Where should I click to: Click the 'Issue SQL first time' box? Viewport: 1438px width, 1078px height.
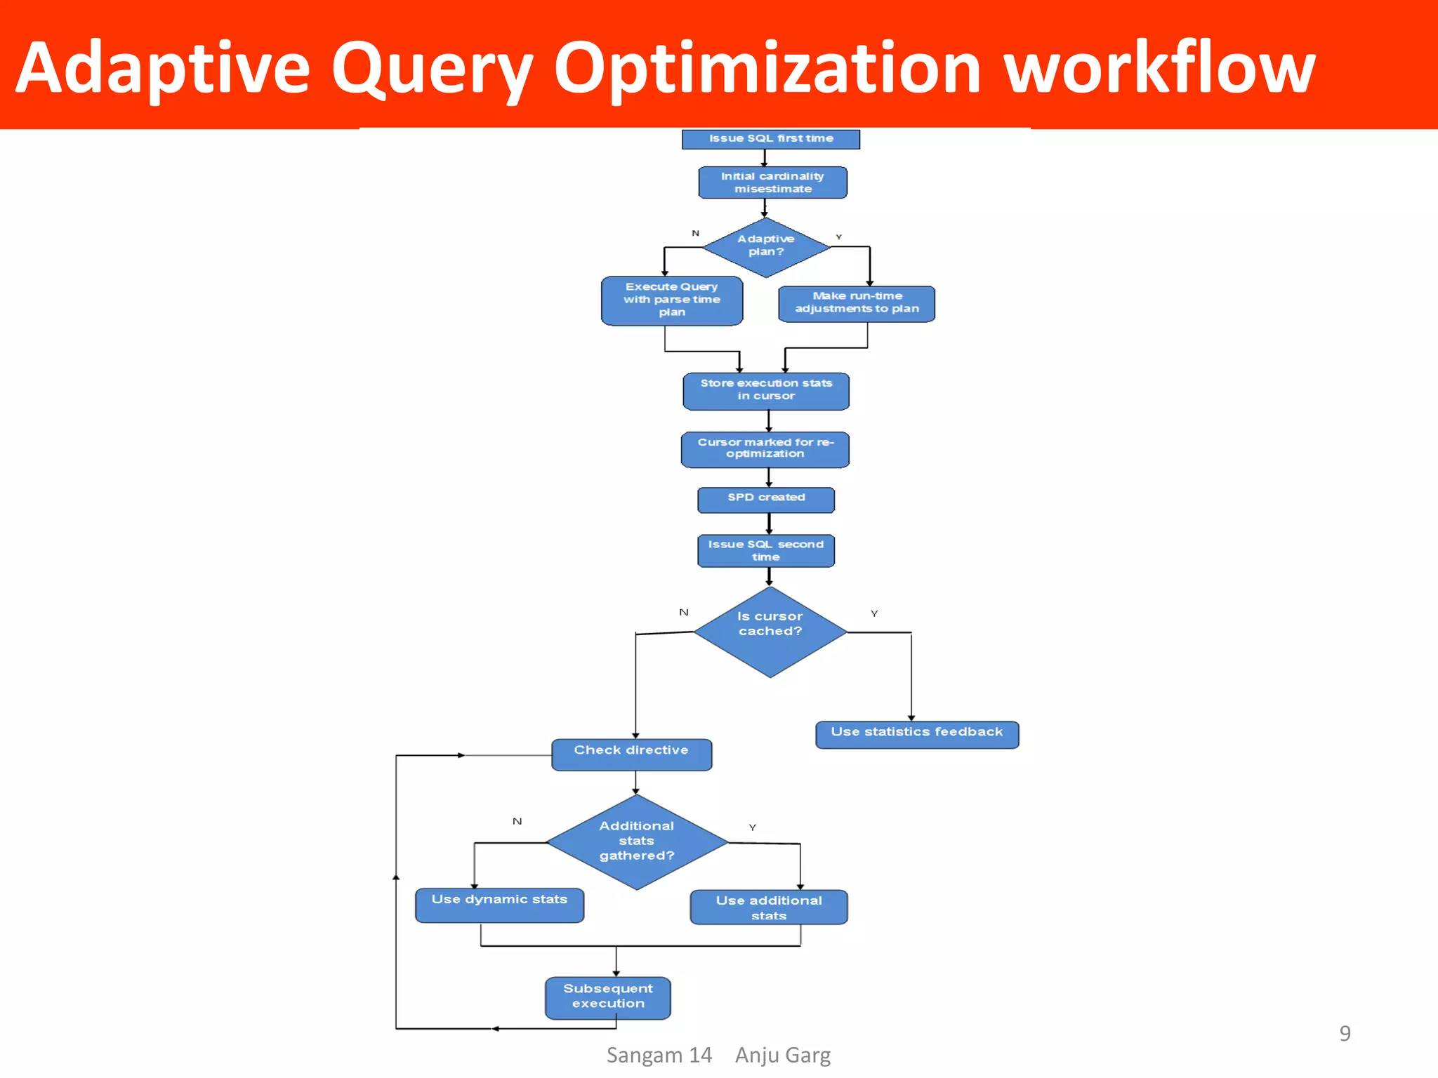coord(770,139)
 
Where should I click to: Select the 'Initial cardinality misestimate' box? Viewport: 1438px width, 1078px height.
coord(772,182)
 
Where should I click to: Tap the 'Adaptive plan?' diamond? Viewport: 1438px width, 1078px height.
coord(766,246)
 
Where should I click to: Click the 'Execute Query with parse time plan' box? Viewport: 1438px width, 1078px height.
coord(672,300)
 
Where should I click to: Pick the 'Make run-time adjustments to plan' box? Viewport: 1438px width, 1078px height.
coord(857,303)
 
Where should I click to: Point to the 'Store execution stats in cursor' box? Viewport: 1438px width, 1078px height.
coord(766,390)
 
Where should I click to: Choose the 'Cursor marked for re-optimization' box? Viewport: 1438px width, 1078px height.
coord(765,449)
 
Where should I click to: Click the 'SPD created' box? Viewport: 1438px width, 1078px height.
coord(766,499)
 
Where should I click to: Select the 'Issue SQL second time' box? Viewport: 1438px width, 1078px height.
coord(766,550)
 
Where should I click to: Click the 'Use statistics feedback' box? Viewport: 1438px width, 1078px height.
coord(917,734)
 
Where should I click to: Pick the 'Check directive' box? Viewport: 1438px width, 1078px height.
coord(631,754)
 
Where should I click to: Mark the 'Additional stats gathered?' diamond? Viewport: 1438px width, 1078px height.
coord(636,841)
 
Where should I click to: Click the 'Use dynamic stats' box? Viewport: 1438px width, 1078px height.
coord(499,904)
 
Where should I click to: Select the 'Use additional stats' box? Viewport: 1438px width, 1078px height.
coord(769,907)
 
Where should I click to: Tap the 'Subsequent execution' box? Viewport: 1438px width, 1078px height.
coord(608,997)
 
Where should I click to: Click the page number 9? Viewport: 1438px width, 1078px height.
coord(1345,1033)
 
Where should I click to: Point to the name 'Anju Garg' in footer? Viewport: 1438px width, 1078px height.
coord(782,1055)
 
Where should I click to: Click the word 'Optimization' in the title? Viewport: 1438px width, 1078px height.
coord(767,68)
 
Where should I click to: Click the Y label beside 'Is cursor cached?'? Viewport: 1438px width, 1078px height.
coord(874,613)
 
